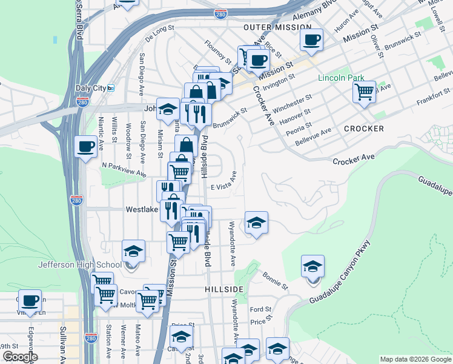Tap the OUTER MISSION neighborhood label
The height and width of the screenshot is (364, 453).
(x=277, y=27)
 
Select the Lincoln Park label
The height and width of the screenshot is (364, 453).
(x=341, y=78)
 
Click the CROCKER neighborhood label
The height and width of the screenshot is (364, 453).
(x=363, y=129)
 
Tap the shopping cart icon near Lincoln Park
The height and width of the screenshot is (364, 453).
(x=364, y=92)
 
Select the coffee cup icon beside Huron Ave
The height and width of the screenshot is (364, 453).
(x=311, y=40)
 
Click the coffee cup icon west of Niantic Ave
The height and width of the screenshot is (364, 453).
(x=85, y=146)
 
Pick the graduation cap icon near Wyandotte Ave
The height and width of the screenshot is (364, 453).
(x=256, y=223)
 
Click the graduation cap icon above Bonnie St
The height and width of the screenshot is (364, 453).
(x=312, y=266)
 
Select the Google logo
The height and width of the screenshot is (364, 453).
(x=20, y=357)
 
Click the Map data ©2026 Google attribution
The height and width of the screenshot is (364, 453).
(x=415, y=359)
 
